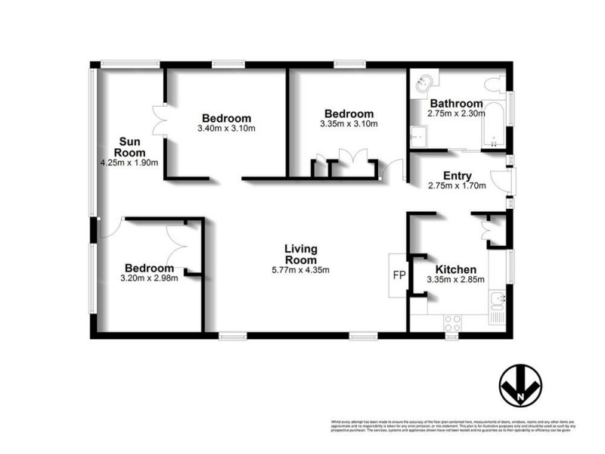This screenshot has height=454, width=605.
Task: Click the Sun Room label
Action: tap(129, 145)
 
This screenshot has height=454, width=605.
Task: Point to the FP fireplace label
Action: tap(399, 274)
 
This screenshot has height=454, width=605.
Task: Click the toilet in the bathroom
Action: tap(495, 83)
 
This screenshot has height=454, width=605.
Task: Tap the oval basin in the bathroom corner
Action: tap(424, 84)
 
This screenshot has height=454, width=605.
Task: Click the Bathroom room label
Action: tap(456, 104)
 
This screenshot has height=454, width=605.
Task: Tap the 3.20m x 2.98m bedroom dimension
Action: tap(150, 278)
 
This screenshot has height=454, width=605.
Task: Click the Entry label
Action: tap(458, 176)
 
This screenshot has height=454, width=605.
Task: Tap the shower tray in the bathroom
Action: tap(420, 136)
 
